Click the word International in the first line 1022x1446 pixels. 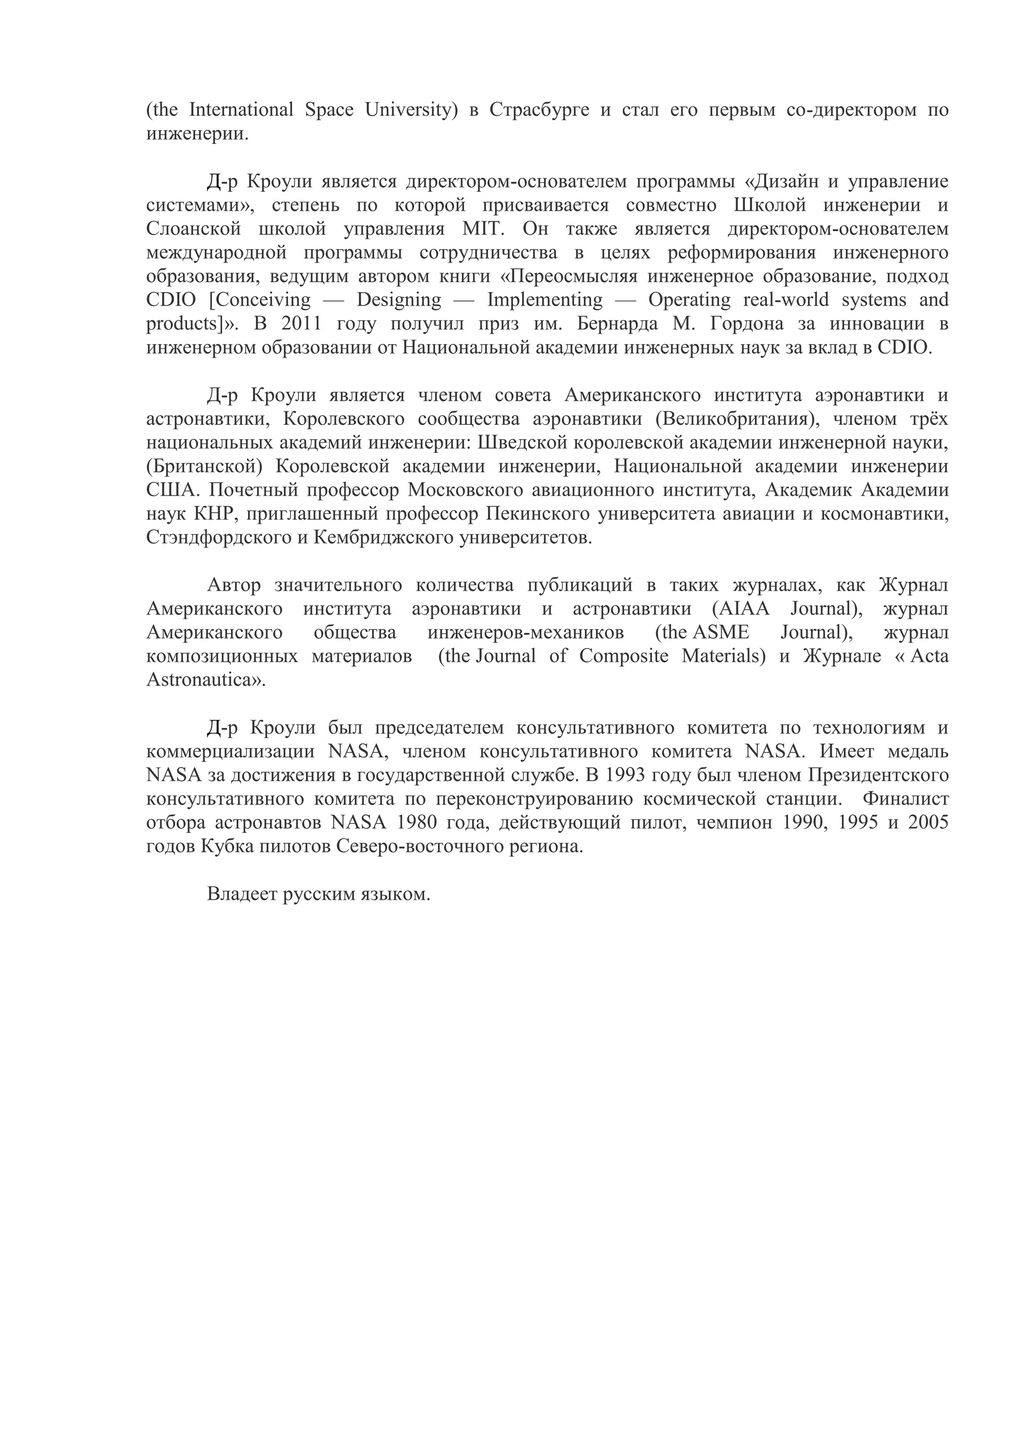241,110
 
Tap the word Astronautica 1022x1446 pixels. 198,680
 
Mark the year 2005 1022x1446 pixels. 928,823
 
